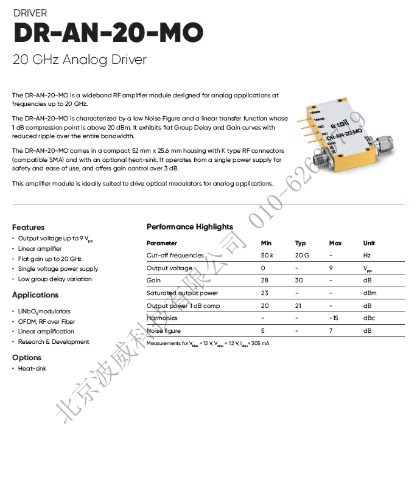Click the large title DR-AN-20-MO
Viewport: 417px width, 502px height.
(108, 33)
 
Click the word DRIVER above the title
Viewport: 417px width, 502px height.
(30, 13)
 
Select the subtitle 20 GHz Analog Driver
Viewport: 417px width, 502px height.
(79, 60)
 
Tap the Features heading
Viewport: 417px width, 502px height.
(28, 227)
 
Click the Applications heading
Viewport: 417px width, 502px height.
(35, 295)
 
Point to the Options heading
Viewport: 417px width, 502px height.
(27, 358)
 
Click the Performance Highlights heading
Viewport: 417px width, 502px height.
(189, 227)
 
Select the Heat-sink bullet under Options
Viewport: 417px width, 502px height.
(32, 369)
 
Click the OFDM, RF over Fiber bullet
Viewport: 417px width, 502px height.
(46, 321)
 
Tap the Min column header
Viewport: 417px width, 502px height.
(266, 243)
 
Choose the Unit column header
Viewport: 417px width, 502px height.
(369, 243)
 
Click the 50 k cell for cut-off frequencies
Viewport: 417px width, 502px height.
(267, 256)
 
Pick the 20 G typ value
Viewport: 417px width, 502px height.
(302, 256)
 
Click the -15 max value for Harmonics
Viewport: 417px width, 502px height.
(334, 318)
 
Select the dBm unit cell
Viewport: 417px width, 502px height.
(370, 293)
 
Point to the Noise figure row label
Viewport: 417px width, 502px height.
(164, 331)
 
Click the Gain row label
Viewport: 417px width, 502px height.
(153, 281)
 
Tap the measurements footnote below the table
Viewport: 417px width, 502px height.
(208, 344)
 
